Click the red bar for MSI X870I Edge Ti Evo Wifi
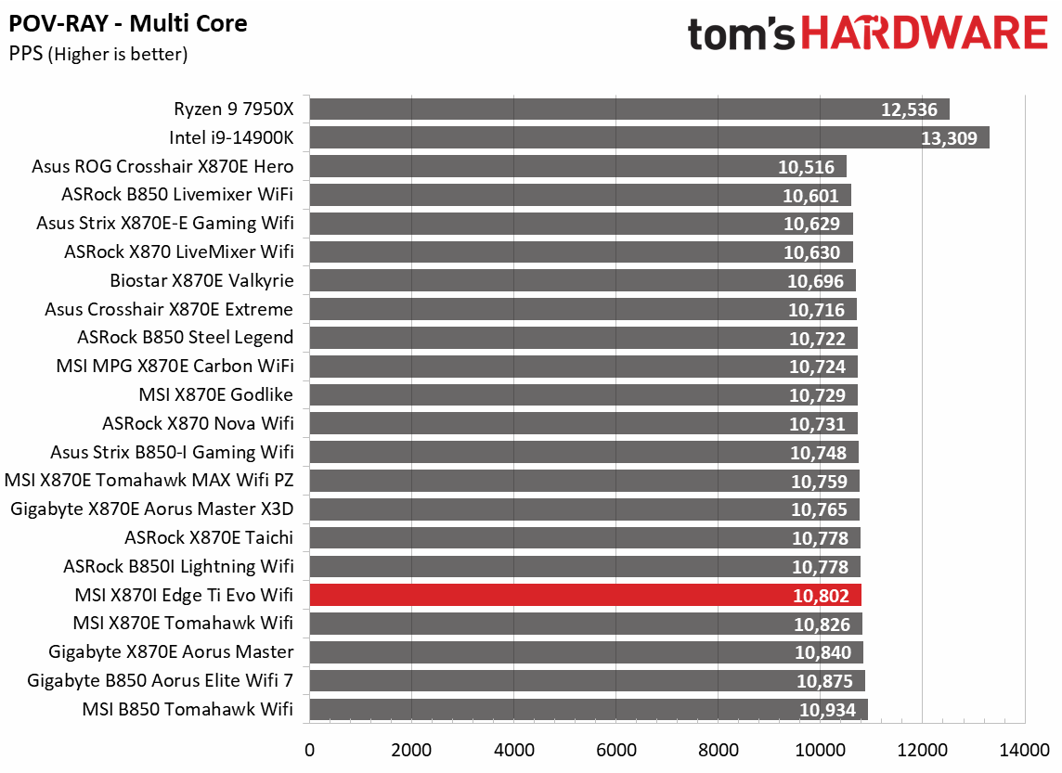[x=585, y=595]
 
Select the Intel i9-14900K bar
[x=649, y=138]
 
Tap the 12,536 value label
[x=910, y=110]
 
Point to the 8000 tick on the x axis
[x=718, y=749]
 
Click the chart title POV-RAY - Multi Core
[x=128, y=23]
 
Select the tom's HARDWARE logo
[x=867, y=34]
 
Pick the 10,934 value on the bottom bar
[x=828, y=710]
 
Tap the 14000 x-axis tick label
[x=1024, y=749]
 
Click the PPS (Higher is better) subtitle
[x=98, y=55]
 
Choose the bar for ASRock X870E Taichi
[x=585, y=538]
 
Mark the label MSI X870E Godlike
[x=215, y=395]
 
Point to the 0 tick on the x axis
[x=309, y=749]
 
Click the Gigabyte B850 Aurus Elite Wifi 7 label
[x=161, y=680]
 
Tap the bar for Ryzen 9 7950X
[x=629, y=110]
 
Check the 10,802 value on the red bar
[x=822, y=595]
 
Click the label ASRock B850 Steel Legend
[x=186, y=338]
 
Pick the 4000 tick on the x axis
[x=513, y=749]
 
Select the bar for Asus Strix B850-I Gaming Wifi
[x=584, y=452]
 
